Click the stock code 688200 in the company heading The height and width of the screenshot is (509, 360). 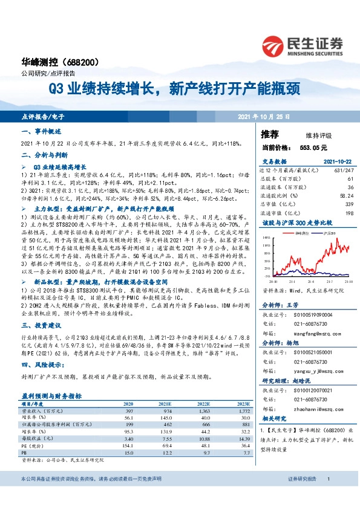93,62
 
